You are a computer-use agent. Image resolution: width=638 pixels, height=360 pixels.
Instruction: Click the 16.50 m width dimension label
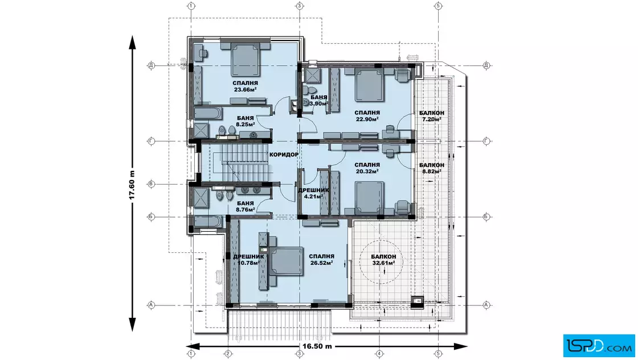317,346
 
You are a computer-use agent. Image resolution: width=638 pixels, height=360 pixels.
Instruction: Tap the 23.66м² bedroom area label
245,90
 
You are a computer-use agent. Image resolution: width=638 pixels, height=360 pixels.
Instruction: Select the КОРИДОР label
284,154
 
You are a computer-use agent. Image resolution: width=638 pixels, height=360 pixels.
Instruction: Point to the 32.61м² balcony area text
383,263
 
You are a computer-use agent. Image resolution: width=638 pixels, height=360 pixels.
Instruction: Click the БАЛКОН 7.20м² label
432,116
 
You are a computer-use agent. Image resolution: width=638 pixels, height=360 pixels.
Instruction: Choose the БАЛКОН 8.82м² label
432,168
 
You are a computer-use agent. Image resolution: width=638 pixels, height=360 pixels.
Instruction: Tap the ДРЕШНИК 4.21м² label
313,193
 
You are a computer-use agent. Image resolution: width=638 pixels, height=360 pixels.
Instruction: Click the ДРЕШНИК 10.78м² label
248,260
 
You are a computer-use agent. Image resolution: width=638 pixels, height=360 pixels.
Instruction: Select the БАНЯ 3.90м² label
318,100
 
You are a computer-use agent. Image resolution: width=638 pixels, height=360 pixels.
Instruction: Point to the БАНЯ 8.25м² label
245,121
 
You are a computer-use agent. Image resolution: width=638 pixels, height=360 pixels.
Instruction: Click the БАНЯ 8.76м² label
245,206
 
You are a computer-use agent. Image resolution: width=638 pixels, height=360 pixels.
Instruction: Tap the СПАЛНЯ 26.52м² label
321,260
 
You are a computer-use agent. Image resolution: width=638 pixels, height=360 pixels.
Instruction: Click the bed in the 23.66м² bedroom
246,60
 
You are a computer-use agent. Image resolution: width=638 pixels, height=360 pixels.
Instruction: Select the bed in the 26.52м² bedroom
285,261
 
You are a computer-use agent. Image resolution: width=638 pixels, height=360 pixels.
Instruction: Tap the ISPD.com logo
599,346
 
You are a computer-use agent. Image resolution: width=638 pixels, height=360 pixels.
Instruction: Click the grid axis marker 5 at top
438,6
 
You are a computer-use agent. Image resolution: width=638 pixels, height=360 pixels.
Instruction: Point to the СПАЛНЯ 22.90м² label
367,116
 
